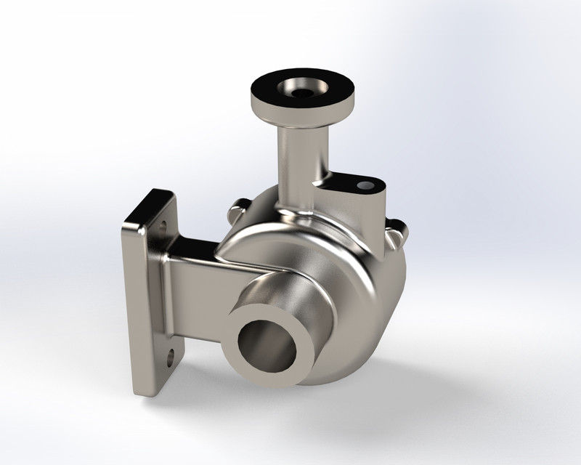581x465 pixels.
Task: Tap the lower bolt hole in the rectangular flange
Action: coord(171,357)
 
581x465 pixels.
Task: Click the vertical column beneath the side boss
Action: coord(373,222)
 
